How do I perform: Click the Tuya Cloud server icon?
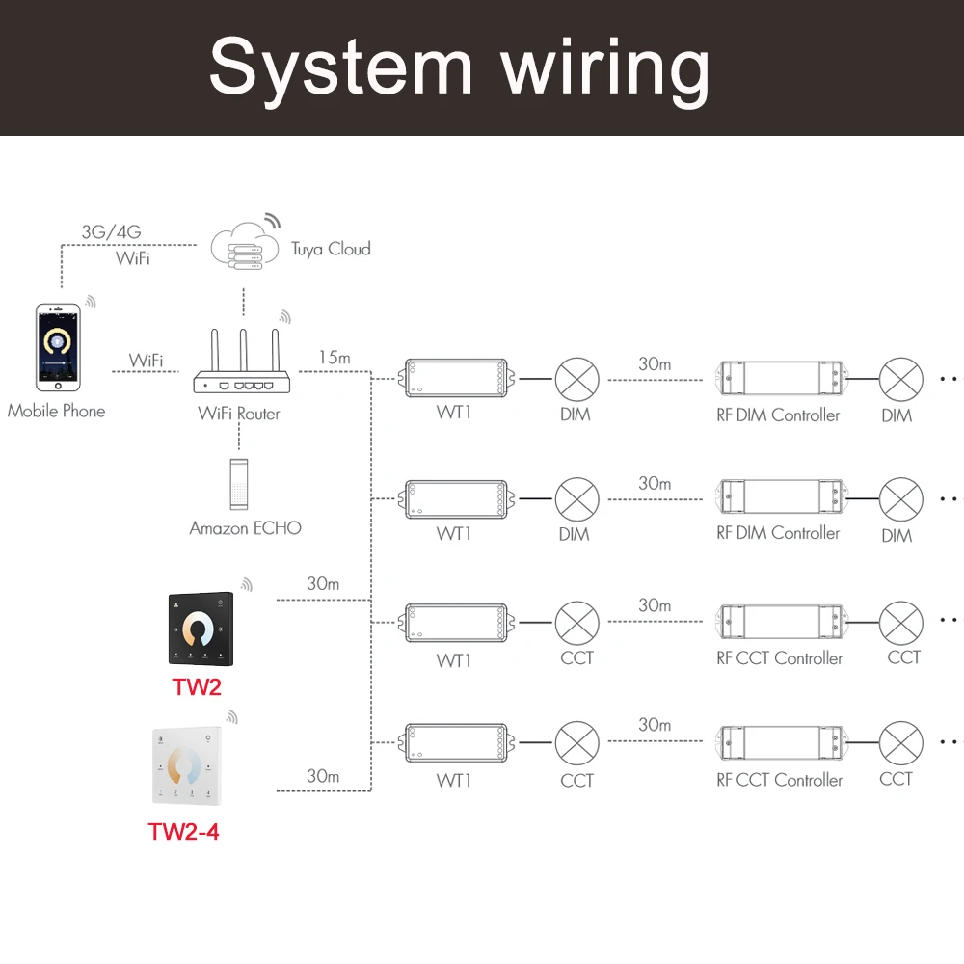point(245,246)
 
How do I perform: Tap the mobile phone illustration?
point(58,347)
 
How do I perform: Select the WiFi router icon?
point(242,361)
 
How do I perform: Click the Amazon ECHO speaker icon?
point(239,485)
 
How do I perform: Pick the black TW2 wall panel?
point(201,629)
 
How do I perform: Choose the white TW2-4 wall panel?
point(187,766)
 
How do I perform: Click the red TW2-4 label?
point(183,832)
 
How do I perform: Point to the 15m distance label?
point(335,358)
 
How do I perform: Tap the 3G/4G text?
point(111,231)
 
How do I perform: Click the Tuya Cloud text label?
point(331,249)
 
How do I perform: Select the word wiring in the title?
point(605,68)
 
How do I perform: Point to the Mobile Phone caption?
point(56,411)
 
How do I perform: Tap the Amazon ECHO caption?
point(245,528)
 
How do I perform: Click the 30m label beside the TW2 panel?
point(323,583)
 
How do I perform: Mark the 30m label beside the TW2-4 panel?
point(323,776)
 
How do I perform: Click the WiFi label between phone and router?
point(146,361)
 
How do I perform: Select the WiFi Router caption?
point(238,414)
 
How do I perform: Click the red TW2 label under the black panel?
point(197,686)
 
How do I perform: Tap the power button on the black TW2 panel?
point(220,602)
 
